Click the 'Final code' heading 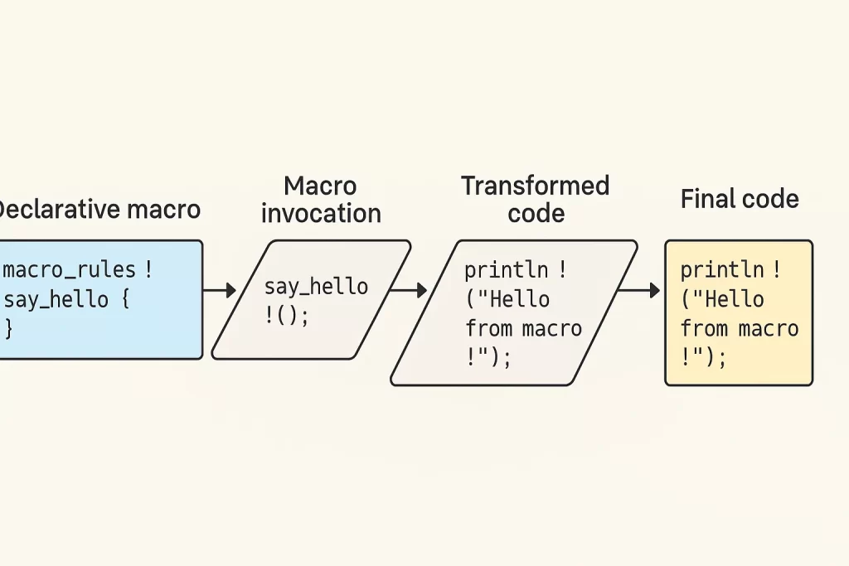coord(740,199)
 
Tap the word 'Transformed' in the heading coord(536,186)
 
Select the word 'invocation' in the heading coord(321,213)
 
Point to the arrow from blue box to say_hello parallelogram coord(220,291)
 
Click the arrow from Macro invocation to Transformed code coord(409,291)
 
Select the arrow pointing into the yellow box coord(639,291)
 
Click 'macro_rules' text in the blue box coord(70,269)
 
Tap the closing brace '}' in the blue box coord(8,328)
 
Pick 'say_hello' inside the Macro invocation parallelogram coord(316,286)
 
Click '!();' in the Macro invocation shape coord(287,316)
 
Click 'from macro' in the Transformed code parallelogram coord(524,328)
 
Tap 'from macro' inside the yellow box coord(740,328)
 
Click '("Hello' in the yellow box coord(723,299)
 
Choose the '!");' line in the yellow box coord(703,357)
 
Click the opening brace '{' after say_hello coord(125,298)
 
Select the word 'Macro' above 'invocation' coord(320,186)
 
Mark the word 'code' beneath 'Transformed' coord(536,213)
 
